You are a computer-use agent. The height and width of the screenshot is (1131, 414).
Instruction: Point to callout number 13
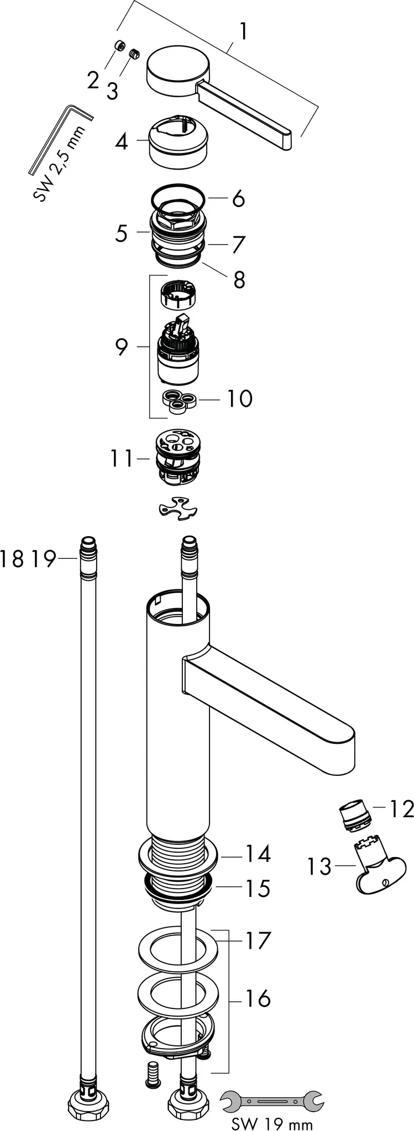pyautogui.click(x=319, y=866)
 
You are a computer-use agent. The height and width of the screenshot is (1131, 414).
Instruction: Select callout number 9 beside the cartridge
pyautogui.click(x=122, y=347)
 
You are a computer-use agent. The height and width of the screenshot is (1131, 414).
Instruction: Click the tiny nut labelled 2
pyautogui.click(x=118, y=46)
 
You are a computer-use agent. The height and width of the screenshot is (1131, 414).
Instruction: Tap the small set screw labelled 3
pyautogui.click(x=134, y=54)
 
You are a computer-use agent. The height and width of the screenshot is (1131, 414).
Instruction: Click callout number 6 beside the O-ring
pyautogui.click(x=238, y=198)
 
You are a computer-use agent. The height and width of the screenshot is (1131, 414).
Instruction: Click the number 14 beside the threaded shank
pyautogui.click(x=258, y=854)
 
